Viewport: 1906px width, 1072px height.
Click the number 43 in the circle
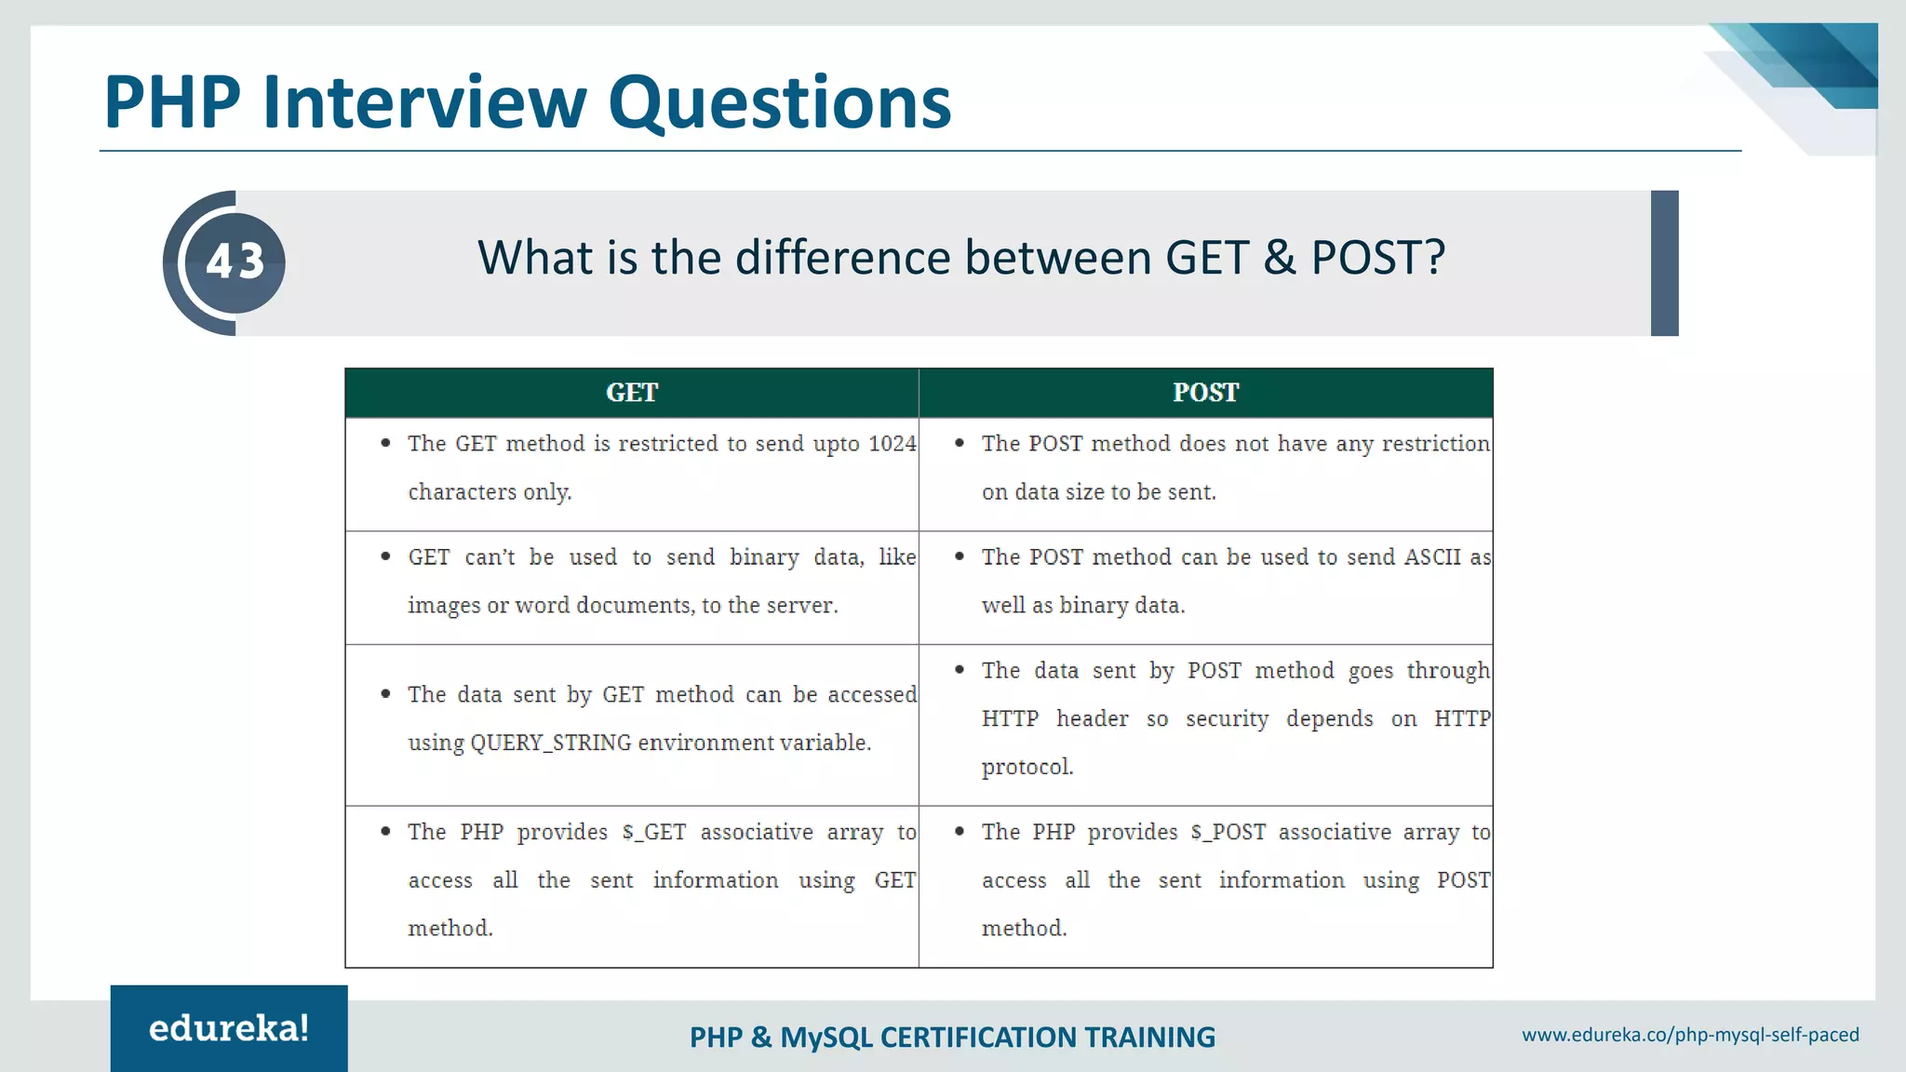point(235,261)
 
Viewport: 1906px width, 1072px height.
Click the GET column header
point(632,393)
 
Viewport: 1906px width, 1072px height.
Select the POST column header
point(1205,393)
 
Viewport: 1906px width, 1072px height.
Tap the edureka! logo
point(229,1028)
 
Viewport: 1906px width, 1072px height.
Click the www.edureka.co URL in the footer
point(1690,1035)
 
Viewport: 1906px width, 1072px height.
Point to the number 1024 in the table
point(892,444)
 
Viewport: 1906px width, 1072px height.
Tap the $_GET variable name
point(654,832)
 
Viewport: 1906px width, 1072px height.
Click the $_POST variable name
point(1228,832)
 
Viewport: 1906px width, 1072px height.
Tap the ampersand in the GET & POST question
point(1280,258)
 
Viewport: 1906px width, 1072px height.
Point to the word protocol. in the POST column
point(1027,767)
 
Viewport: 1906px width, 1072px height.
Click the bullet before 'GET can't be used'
point(385,556)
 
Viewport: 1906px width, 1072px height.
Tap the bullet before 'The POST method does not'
point(960,443)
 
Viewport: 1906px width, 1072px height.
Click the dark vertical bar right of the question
point(1664,263)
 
